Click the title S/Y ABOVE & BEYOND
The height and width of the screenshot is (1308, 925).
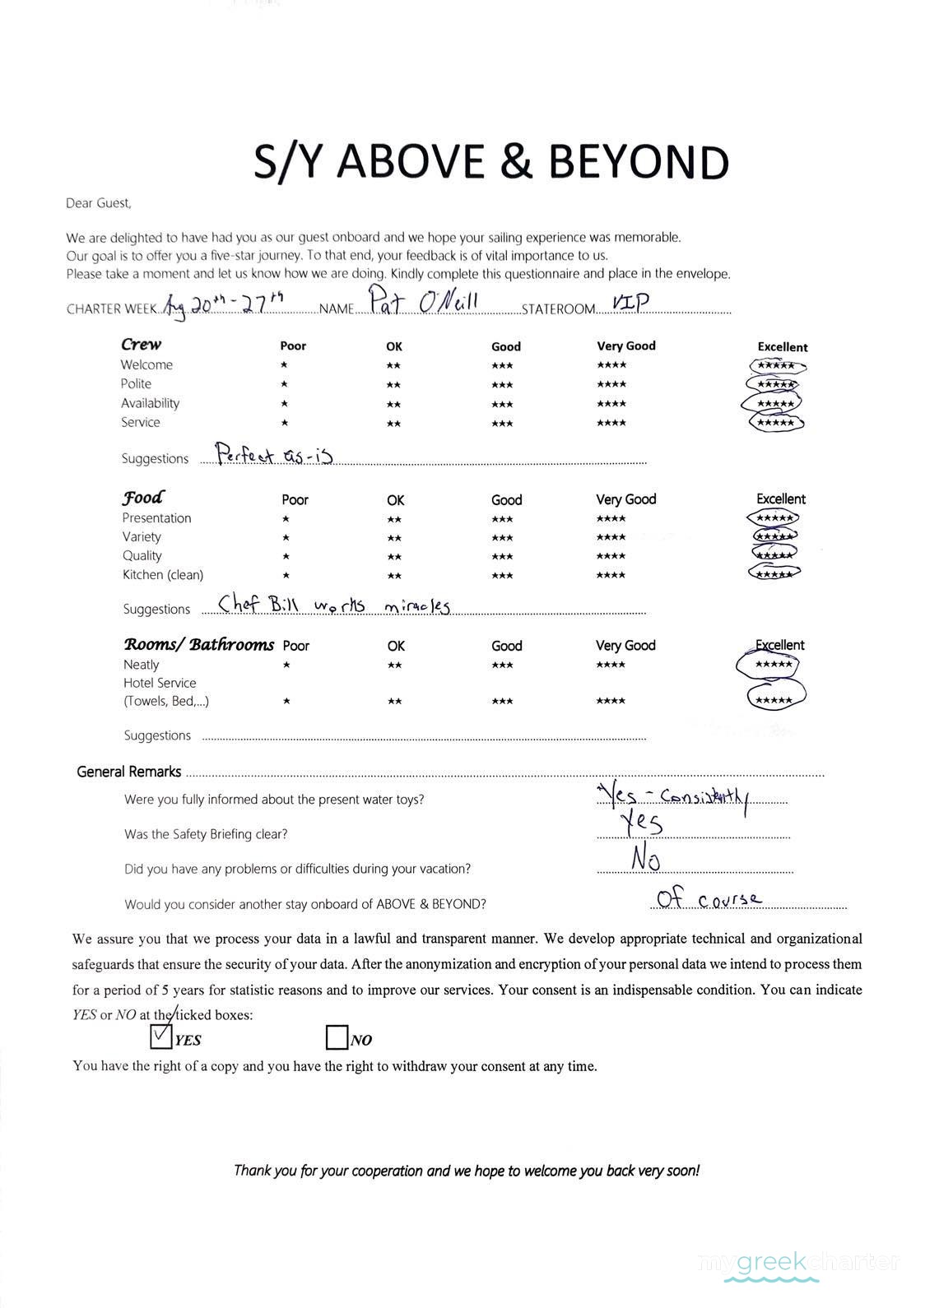pyautogui.click(x=490, y=161)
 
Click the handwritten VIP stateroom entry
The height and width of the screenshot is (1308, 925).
pyautogui.click(x=630, y=303)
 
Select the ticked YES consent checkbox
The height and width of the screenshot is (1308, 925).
pyautogui.click(x=161, y=1037)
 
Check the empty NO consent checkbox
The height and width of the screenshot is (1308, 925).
pyautogui.click(x=337, y=1038)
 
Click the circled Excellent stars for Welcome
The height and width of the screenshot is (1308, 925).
pyautogui.click(x=775, y=366)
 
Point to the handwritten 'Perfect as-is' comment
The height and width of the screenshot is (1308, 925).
pyautogui.click(x=274, y=454)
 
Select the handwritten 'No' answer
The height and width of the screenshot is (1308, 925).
pyautogui.click(x=646, y=859)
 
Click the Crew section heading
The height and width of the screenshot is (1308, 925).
pyautogui.click(x=142, y=344)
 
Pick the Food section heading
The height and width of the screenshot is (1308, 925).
pyautogui.click(x=142, y=498)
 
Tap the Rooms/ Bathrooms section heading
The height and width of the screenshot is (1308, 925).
pyautogui.click(x=198, y=644)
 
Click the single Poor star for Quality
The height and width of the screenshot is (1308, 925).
pyautogui.click(x=285, y=557)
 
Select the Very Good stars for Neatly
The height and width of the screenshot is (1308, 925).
pyautogui.click(x=611, y=665)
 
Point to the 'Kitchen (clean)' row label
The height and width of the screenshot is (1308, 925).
pyautogui.click(x=163, y=574)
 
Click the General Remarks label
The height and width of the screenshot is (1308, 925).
pyautogui.click(x=128, y=772)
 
